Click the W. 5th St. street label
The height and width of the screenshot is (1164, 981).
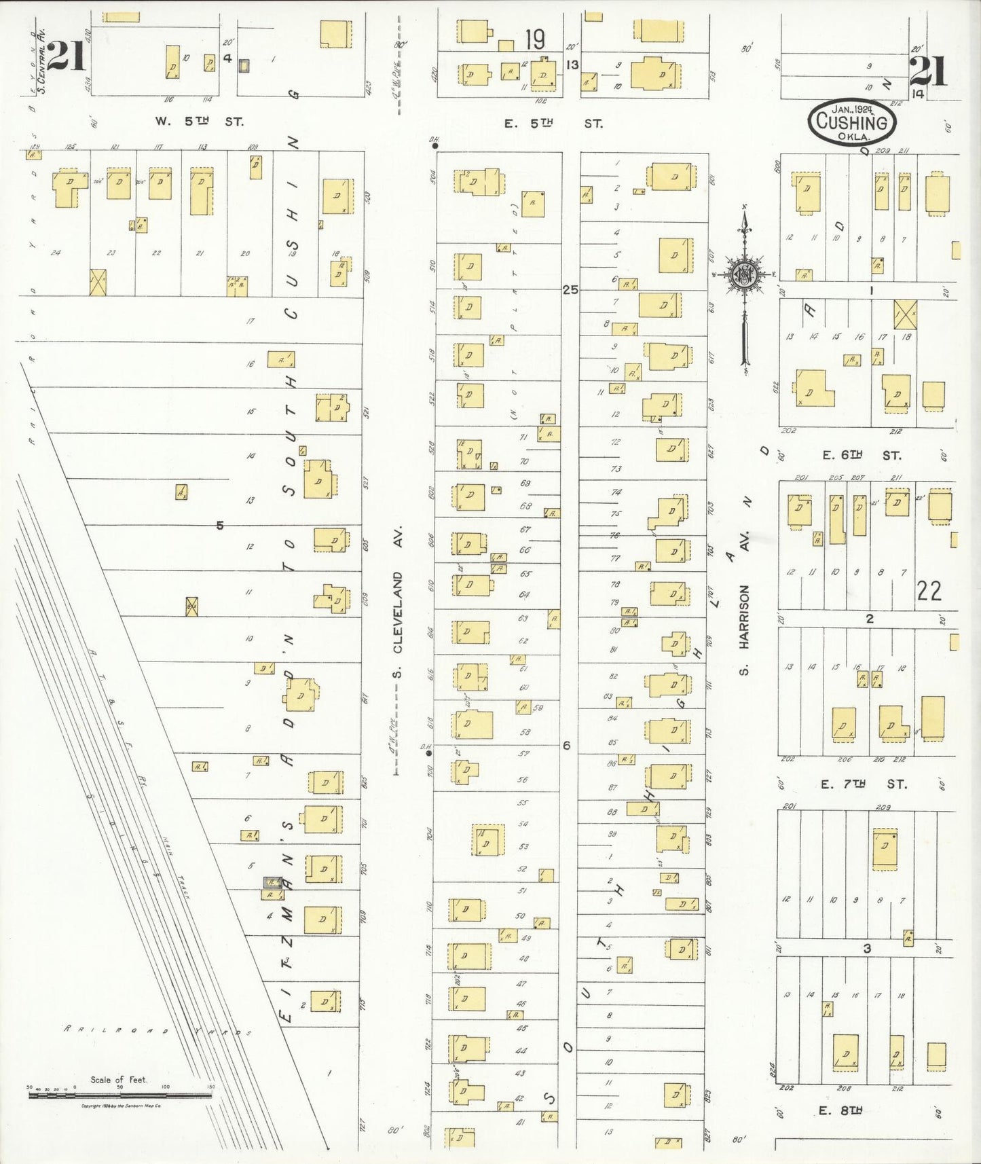198,122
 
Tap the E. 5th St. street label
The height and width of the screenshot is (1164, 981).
553,124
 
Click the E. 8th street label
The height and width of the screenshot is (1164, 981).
840,1110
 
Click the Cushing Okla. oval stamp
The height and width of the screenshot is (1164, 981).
852,122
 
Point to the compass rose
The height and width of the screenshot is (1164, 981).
745,274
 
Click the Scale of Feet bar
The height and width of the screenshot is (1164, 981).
119,1094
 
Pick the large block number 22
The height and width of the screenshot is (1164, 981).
929,591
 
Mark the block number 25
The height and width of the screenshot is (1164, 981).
570,289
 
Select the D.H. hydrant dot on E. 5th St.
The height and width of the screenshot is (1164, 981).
434,145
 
